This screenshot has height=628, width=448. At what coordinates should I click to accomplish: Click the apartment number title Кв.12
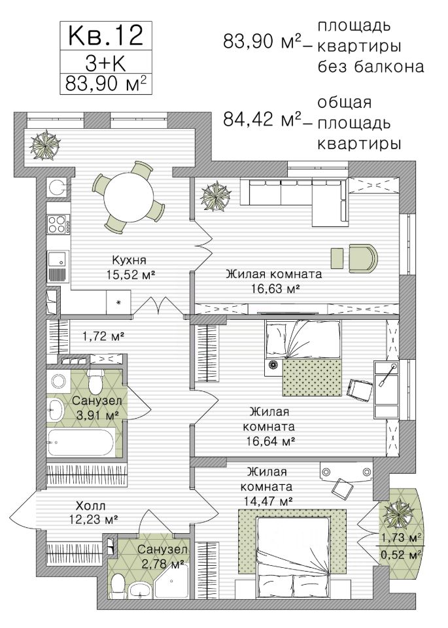[106, 35]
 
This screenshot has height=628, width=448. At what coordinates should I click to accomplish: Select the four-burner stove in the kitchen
[57, 224]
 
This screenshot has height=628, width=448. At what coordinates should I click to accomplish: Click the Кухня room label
[129, 260]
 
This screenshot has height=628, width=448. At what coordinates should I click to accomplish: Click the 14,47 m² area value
[267, 500]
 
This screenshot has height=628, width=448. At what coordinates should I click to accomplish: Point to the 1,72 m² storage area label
[103, 336]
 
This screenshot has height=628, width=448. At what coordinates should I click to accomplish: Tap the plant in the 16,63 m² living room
[216, 196]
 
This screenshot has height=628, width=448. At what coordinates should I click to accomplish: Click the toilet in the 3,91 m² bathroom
[95, 381]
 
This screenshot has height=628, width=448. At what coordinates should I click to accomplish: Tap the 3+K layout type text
[106, 62]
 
